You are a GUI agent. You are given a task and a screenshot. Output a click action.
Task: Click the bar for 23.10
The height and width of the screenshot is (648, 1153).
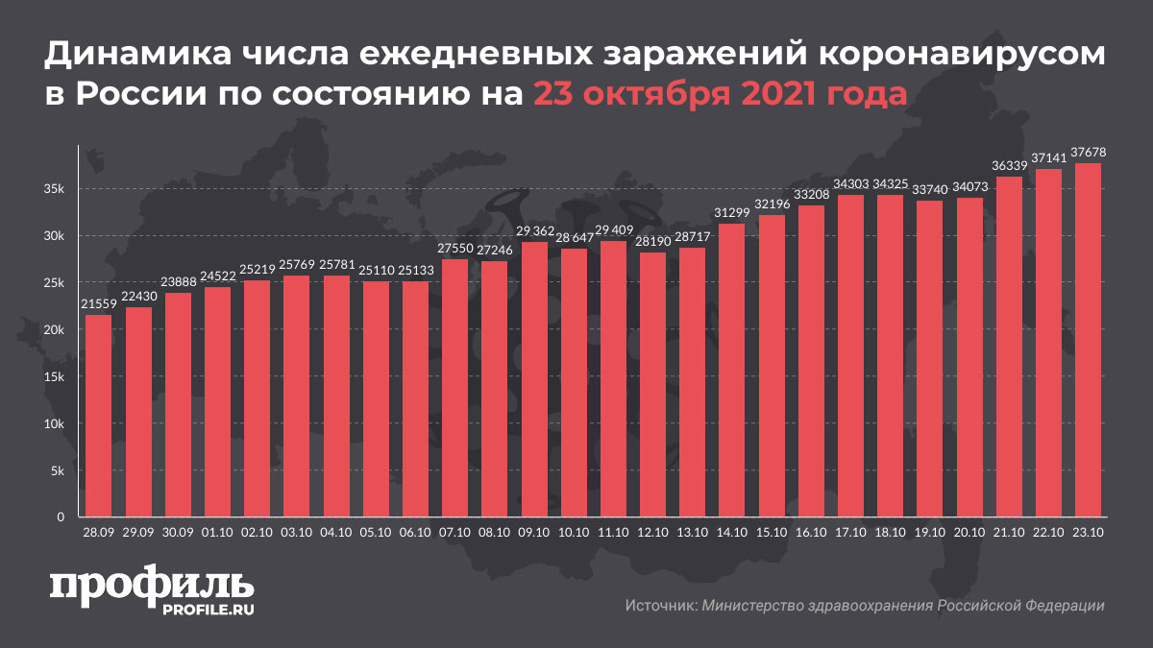[x=1087, y=341]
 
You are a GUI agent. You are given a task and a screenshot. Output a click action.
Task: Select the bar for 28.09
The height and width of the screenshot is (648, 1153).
[x=98, y=417]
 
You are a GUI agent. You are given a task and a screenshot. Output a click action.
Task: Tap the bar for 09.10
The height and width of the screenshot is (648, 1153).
[x=533, y=380]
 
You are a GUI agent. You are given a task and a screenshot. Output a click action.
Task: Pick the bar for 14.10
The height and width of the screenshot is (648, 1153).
[x=731, y=371]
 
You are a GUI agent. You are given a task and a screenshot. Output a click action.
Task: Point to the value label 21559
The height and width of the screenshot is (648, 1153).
[x=98, y=305]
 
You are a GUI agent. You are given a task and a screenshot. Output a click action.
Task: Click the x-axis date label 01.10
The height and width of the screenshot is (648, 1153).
[x=217, y=530]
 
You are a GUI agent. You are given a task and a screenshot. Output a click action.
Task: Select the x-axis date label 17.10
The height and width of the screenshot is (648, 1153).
[x=849, y=530]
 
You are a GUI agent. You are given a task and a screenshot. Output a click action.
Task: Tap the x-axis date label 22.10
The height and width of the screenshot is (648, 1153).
[x=1047, y=530]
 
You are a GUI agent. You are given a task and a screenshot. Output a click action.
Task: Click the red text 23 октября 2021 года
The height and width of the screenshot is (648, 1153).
[x=720, y=94]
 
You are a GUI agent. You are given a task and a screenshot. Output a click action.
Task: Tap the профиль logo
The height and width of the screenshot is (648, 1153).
[x=151, y=585]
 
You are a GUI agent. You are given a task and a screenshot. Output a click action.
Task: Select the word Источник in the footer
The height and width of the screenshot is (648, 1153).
[x=660, y=606]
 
